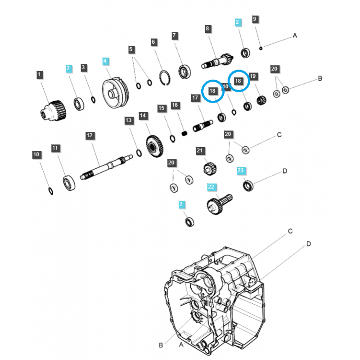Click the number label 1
click(x=40, y=75)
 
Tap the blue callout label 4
click(x=105, y=61)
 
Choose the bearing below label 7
click(x=184, y=71)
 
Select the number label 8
click(x=207, y=29)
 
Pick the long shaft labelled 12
click(x=106, y=166)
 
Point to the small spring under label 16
click(x=184, y=133)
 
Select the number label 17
click(x=195, y=98)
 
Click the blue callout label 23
click(x=241, y=171)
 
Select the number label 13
click(x=129, y=120)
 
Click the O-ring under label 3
click(x=93, y=99)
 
